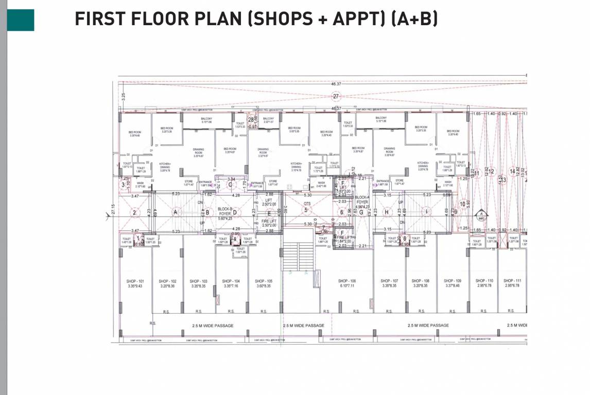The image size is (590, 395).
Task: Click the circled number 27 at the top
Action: click(x=336, y=96)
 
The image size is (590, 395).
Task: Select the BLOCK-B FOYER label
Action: click(x=225, y=212)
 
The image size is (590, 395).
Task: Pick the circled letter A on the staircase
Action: click(x=176, y=212)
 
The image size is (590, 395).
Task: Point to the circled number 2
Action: click(x=134, y=212)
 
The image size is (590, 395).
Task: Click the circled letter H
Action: click(x=386, y=212)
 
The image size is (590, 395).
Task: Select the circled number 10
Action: click(x=462, y=204)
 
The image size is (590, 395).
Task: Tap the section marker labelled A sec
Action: click(x=480, y=214)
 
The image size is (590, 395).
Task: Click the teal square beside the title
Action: click(x=21, y=20)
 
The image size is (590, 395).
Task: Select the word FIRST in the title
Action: click(x=99, y=19)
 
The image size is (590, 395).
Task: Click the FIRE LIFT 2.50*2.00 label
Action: click(x=269, y=223)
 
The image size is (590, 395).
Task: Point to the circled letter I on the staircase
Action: click(x=426, y=212)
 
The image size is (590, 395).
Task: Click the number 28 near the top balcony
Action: click(x=251, y=119)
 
